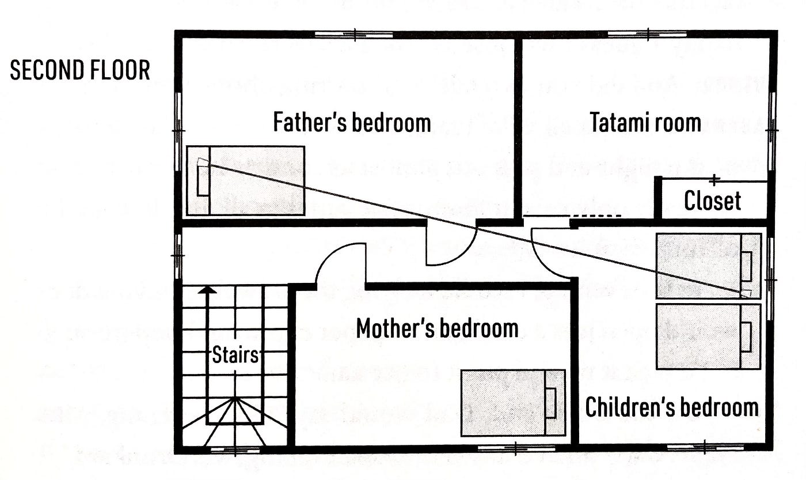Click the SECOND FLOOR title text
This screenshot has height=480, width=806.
[x=80, y=70]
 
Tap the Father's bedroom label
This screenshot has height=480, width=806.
[x=352, y=122]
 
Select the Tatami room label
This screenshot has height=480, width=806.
[x=645, y=122]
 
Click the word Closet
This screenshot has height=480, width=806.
[x=713, y=200]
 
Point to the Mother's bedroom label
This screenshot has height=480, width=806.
[x=437, y=328]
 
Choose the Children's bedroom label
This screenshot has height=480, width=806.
[x=672, y=407]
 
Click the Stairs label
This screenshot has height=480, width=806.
[x=235, y=355]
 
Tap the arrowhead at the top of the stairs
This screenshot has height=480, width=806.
[x=207, y=290]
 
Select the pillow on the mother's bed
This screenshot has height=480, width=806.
[x=551, y=403]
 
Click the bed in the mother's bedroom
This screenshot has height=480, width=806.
[x=514, y=403]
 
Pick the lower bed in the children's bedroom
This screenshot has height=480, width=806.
[x=709, y=337]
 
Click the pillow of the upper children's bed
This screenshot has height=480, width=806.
[x=746, y=266]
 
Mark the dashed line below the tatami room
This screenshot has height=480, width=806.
[x=595, y=216]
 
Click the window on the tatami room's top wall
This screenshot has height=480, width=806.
[x=647, y=35]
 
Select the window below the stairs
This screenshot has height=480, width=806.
[x=235, y=450]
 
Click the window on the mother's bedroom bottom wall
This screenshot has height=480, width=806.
[x=516, y=448]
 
